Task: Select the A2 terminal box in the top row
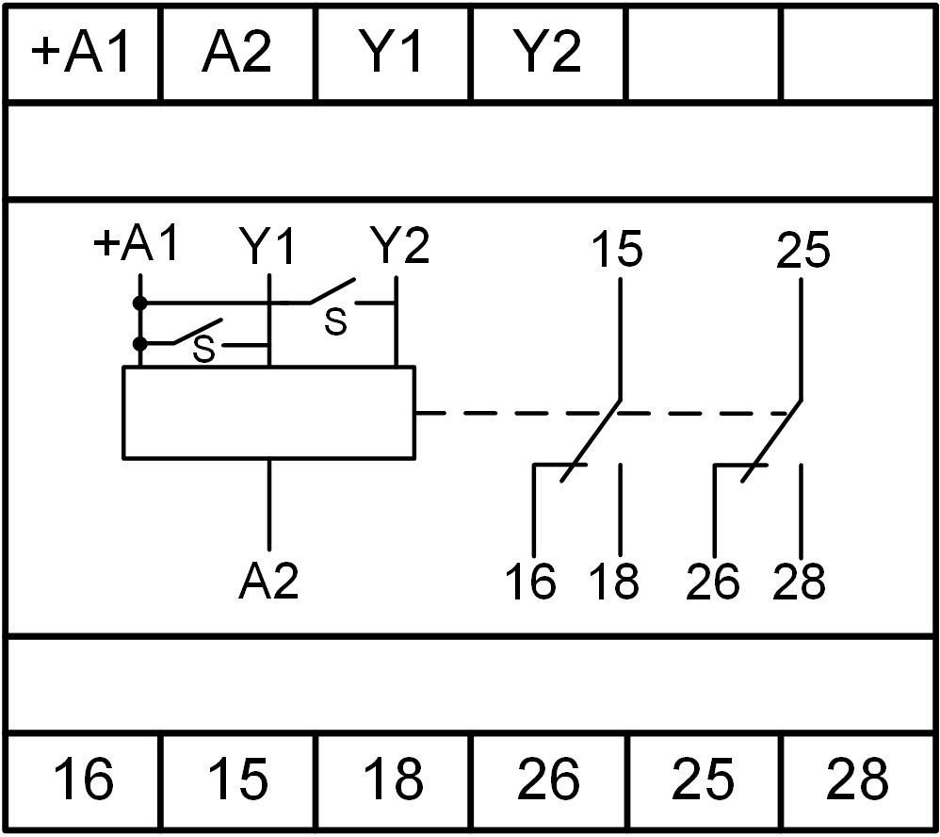[237, 54]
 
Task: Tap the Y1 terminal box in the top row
[394, 54]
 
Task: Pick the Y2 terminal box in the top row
[548, 54]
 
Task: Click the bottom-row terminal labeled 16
[83, 780]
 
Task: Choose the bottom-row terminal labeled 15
[237, 780]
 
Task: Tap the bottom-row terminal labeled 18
[393, 780]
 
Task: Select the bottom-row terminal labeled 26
[548, 780]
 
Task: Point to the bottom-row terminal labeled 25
[704, 780]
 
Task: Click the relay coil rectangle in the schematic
[269, 413]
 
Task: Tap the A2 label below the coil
[269, 582]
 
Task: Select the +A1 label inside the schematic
[136, 246]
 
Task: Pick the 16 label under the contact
[531, 583]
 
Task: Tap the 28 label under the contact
[800, 583]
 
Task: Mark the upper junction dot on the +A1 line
[139, 304]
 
